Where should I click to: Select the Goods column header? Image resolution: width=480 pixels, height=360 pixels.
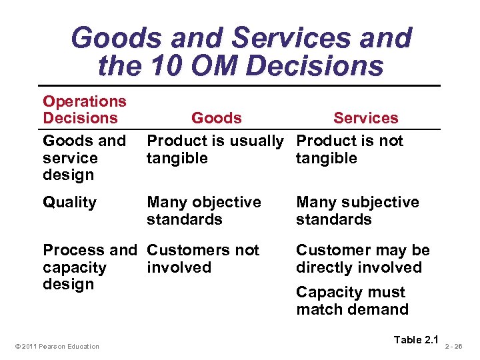point(216,118)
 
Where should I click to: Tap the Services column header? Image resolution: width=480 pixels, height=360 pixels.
point(365,118)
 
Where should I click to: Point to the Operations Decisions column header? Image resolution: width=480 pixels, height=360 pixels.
point(85,110)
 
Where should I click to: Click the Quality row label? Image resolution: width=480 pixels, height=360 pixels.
point(69,202)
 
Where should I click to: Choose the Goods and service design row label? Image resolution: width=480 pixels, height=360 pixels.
point(84,158)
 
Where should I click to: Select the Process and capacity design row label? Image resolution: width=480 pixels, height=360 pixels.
point(89,267)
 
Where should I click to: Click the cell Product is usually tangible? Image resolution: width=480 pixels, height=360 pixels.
point(215,149)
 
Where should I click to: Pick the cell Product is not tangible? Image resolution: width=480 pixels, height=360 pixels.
point(349,149)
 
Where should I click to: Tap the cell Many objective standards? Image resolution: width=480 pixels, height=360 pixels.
point(203,211)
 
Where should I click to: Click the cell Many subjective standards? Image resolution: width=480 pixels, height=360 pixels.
point(357,211)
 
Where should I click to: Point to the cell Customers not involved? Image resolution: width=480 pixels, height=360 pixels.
point(203,259)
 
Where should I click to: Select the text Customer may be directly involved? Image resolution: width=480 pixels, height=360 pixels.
point(363,259)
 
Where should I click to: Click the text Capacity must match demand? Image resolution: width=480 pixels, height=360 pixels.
point(352,301)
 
